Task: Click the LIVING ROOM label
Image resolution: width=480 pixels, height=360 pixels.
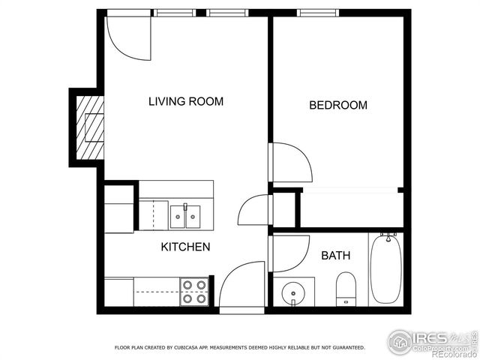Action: coord(185,101)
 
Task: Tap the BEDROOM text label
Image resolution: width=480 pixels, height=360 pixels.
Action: coord(338,105)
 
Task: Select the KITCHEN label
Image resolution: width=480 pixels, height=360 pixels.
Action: coord(185,246)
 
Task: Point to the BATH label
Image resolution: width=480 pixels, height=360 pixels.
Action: coord(335,256)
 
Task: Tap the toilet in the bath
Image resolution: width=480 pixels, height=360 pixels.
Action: coord(346,288)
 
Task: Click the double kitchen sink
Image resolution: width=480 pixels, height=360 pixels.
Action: coord(185,216)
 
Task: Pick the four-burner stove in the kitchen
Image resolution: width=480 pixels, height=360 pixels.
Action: coord(194,291)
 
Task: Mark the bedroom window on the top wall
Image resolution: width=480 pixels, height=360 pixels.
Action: coord(317,13)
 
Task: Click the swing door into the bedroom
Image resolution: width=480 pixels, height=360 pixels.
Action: coord(291,161)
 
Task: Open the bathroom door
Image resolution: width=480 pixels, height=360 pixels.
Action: coord(289,253)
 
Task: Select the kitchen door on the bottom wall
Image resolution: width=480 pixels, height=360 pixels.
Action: coord(241,285)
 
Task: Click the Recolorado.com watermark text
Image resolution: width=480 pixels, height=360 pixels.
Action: coord(450,354)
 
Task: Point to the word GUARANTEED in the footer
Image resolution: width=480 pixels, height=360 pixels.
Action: coord(349,348)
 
